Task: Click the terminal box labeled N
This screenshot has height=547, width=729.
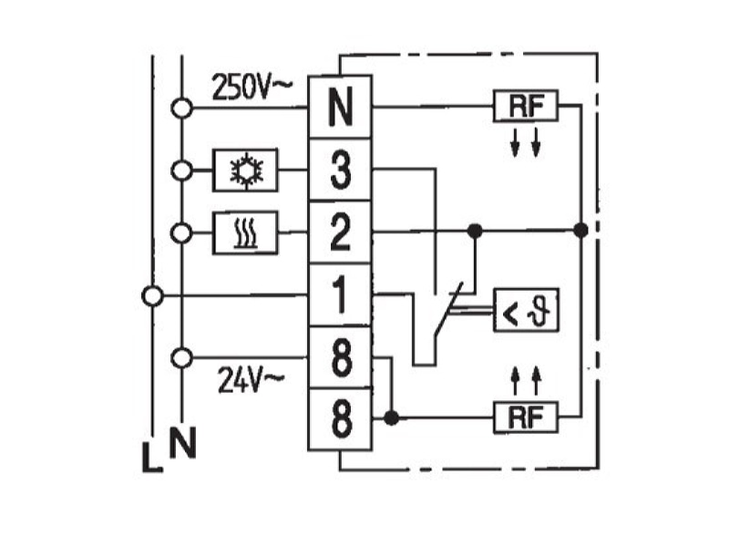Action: click(x=340, y=107)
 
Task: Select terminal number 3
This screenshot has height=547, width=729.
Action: click(x=340, y=170)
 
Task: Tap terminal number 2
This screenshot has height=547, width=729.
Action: click(x=340, y=232)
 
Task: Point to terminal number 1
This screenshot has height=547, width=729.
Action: click(x=340, y=294)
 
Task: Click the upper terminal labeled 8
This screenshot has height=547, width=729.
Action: click(x=340, y=357)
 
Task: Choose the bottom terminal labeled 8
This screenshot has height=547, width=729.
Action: click(x=340, y=419)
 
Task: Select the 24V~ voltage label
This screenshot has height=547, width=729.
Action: click(x=251, y=379)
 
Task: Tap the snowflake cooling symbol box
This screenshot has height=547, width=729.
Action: click(x=245, y=170)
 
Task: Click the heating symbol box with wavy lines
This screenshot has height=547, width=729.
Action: click(x=245, y=232)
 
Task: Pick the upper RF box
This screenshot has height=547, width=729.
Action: click(x=526, y=106)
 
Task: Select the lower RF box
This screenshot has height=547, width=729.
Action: click(x=526, y=418)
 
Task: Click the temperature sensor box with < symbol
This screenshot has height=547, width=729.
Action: click(x=526, y=310)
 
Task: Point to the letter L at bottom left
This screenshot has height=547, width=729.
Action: click(x=152, y=458)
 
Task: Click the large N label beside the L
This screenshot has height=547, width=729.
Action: click(x=183, y=442)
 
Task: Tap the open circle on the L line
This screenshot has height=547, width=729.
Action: click(x=152, y=295)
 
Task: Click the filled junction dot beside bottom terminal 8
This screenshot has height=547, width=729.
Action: click(x=392, y=418)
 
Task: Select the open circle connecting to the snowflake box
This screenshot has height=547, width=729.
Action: click(x=181, y=170)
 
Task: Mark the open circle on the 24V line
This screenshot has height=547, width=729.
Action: click(x=181, y=357)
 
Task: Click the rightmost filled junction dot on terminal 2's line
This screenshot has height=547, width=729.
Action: click(x=580, y=230)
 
